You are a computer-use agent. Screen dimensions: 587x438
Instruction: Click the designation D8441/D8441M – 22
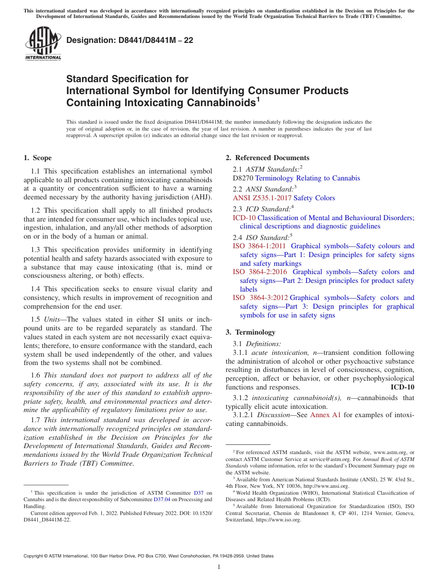point(130,40)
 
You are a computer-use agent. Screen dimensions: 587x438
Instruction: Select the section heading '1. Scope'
point(38,158)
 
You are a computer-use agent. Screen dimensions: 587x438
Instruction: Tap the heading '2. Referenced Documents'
point(267,158)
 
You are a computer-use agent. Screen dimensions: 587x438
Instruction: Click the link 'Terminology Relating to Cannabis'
point(308,178)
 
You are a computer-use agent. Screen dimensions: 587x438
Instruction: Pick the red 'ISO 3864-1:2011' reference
point(259,246)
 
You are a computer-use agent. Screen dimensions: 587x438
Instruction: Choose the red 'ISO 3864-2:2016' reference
point(259,272)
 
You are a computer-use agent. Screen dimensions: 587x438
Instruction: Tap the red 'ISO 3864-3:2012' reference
point(259,298)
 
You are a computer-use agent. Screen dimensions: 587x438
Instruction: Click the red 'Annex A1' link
point(325,415)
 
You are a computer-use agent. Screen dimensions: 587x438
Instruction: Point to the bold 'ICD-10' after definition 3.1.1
point(402,387)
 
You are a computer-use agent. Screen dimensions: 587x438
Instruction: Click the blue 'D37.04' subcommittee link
point(161,499)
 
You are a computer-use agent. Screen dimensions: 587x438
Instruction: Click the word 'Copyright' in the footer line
point(35,556)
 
